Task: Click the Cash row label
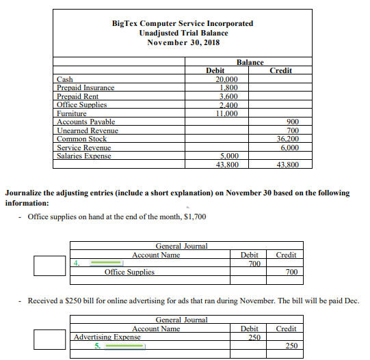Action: [64, 79]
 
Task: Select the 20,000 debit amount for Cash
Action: [226, 79]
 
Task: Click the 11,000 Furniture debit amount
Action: [226, 113]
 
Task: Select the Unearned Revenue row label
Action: [87, 130]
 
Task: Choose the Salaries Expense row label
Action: [84, 156]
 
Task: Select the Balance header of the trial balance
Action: [250, 62]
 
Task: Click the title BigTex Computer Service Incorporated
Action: [182, 23]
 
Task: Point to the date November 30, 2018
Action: [182, 42]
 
